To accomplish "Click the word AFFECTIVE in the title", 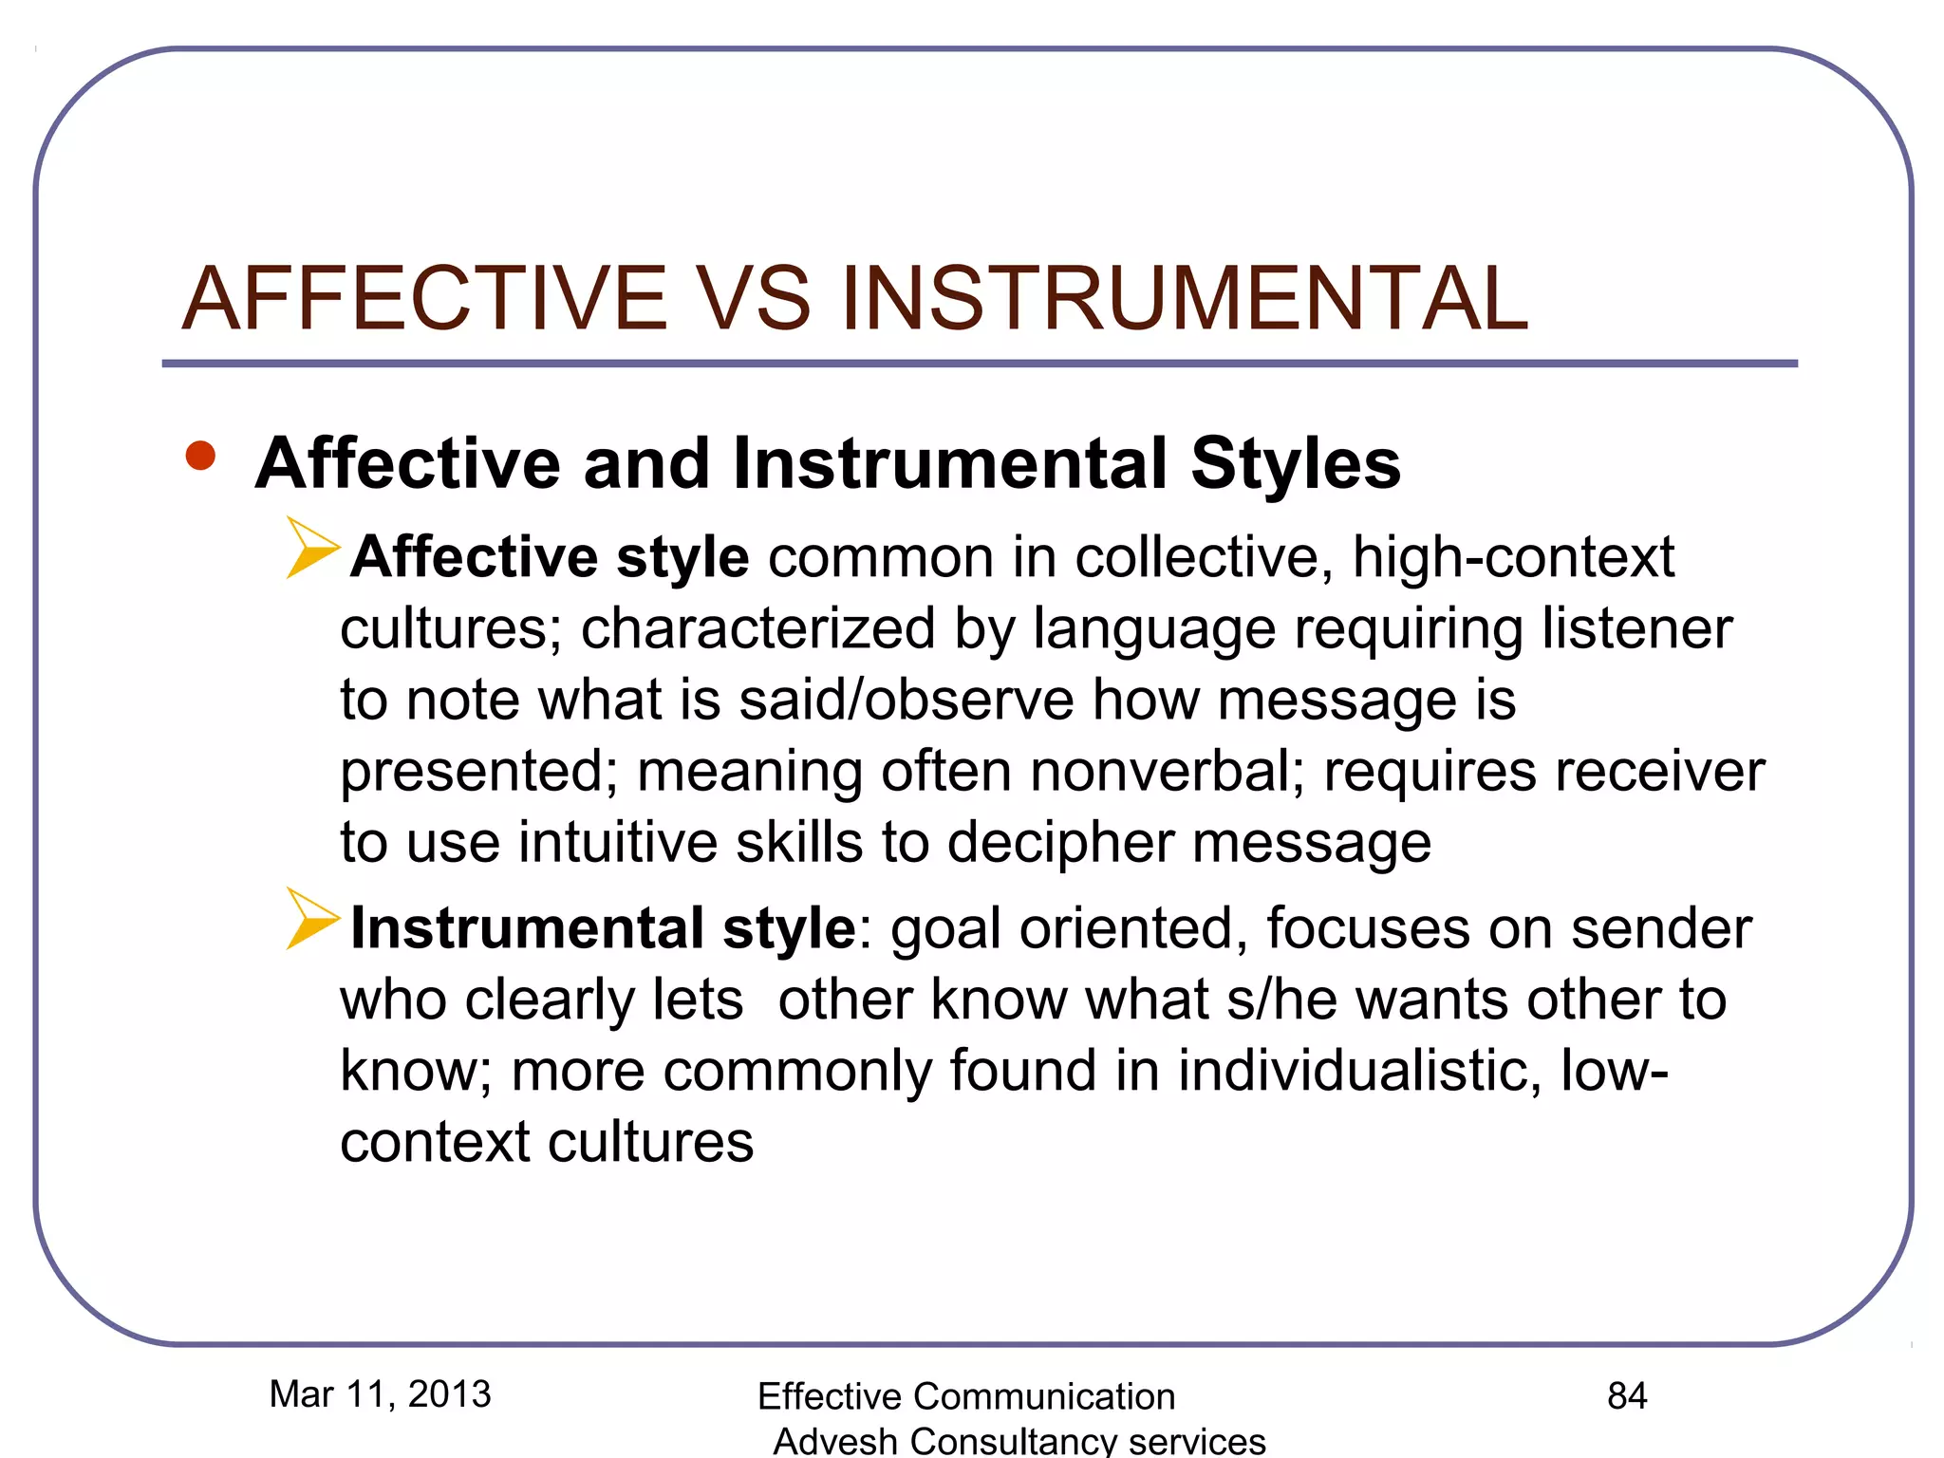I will pyautogui.click(x=424, y=299).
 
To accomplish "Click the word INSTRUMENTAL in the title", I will pyautogui.click(x=1184, y=299).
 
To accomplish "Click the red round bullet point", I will pyautogui.click(x=200, y=457).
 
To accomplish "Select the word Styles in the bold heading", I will pyautogui.click(x=1296, y=464).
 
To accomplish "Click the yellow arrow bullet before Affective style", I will pyautogui.click(x=312, y=548).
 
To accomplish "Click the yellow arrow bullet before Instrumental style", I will pyautogui.click(x=312, y=919).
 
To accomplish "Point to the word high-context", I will pyautogui.click(x=1513, y=557).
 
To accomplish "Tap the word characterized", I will pyautogui.click(x=757, y=629).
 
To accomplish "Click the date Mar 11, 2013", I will pyautogui.click(x=380, y=1394).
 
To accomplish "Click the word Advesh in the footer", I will pyautogui.click(x=835, y=1441).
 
